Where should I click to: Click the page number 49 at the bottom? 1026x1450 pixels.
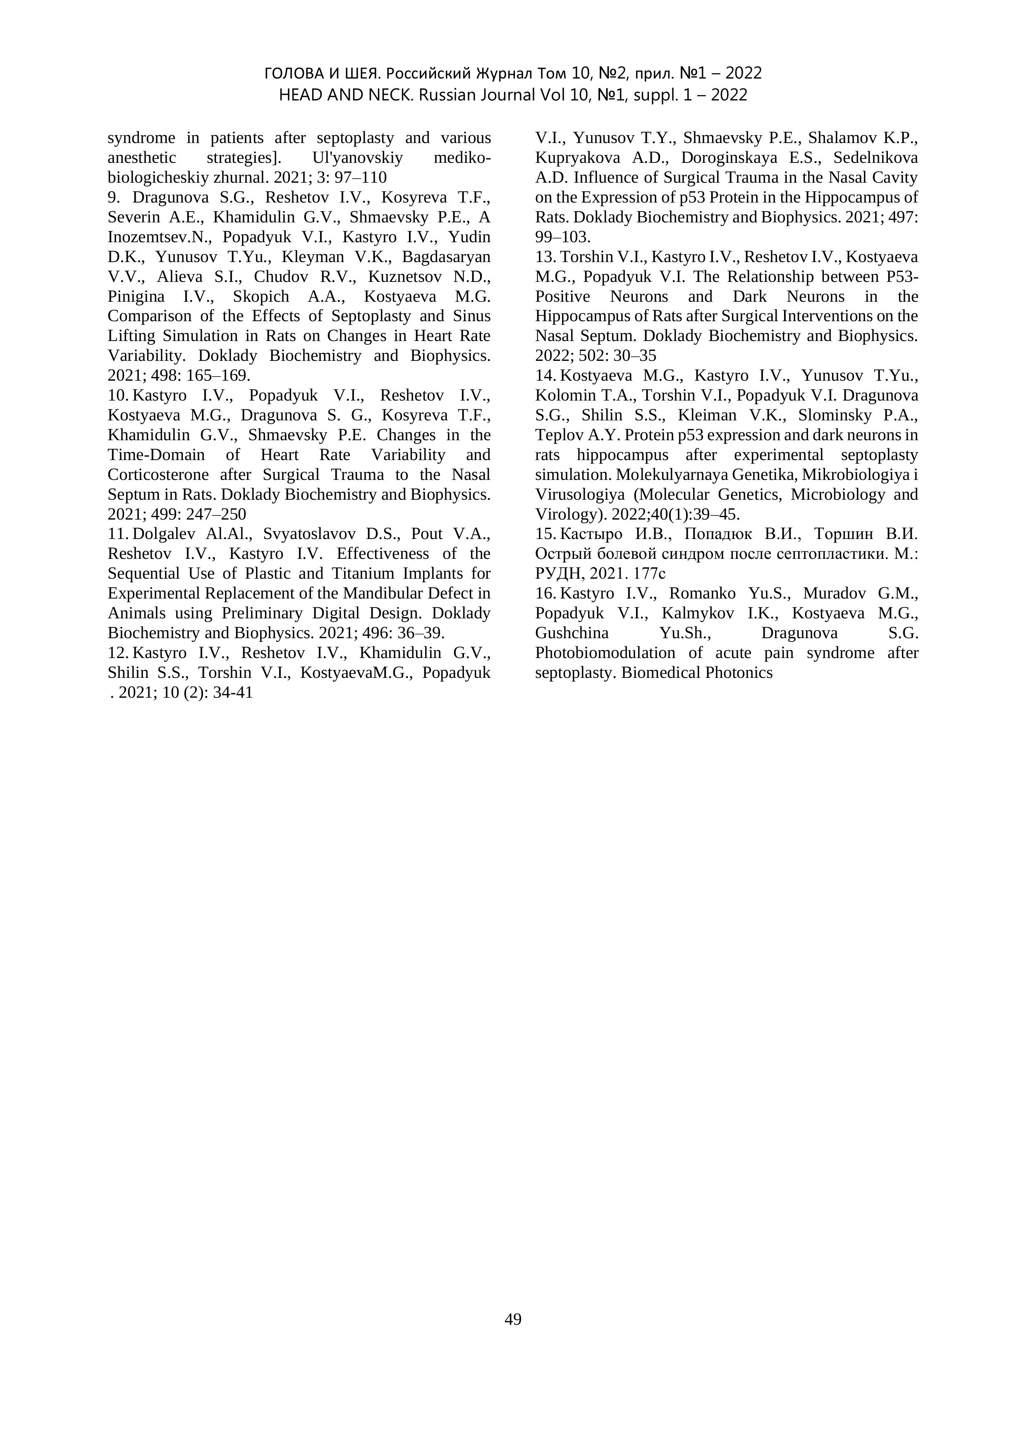pos(513,1319)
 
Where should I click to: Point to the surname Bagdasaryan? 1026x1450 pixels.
pos(446,257)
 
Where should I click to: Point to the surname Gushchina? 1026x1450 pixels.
pos(572,633)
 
